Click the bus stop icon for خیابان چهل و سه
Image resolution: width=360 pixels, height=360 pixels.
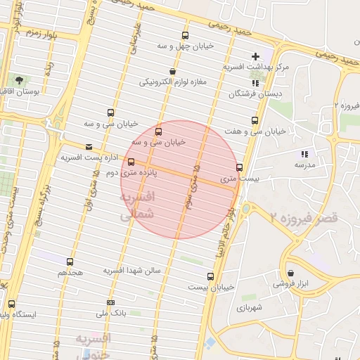coord(185,35)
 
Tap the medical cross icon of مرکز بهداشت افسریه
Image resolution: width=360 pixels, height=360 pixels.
coord(255,56)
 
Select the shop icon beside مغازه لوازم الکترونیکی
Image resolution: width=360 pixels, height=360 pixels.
coord(173,71)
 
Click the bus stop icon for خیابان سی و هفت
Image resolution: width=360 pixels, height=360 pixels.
coord(255,120)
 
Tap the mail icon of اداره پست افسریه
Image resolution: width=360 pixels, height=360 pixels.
coord(89,147)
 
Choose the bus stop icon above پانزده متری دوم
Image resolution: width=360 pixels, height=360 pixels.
coord(131,162)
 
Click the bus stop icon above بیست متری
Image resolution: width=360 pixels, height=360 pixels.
coord(240,167)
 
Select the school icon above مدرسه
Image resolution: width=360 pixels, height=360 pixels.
coord(304,153)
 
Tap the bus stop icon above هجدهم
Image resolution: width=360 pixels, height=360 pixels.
coord(70,261)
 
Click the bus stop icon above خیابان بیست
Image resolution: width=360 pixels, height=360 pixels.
coord(210,276)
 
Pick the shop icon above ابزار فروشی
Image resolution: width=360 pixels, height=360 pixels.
coord(290,273)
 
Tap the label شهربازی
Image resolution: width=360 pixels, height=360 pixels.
coord(250,307)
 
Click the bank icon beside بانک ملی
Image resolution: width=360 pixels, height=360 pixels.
coord(110,302)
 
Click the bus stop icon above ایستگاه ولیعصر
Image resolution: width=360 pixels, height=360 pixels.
coord(11,304)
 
